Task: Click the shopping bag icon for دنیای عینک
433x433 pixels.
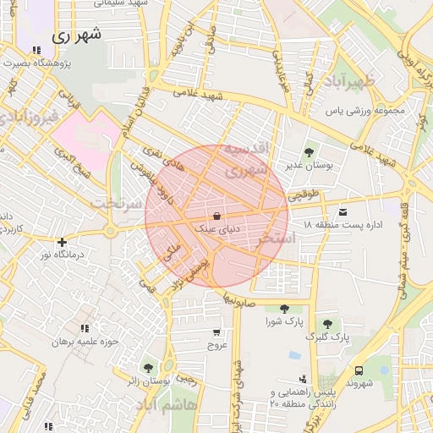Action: click(x=217, y=215)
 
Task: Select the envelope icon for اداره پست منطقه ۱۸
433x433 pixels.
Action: click(x=343, y=211)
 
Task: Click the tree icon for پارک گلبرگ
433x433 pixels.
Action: click(x=326, y=324)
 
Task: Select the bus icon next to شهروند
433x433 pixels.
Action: click(x=359, y=370)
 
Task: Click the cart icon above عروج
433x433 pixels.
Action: click(x=217, y=332)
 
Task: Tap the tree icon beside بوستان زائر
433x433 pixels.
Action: click(x=149, y=367)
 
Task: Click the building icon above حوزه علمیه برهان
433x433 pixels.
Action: click(x=84, y=328)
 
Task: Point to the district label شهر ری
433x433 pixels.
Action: click(x=75, y=36)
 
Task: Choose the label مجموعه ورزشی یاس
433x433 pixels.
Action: click(x=371, y=110)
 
